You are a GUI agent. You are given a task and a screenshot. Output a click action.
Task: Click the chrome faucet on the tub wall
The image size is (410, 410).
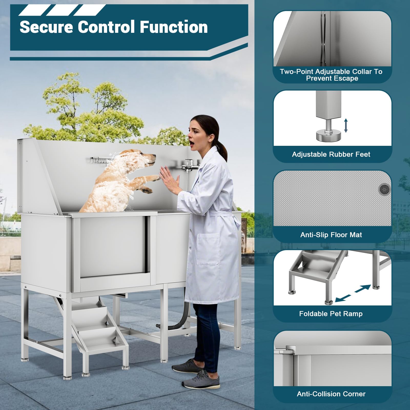click(x=190, y=164)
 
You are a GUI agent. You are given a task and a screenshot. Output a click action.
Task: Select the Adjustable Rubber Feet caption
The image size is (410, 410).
click(x=331, y=154)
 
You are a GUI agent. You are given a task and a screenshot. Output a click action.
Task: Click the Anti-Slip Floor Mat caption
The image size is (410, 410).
click(x=331, y=235)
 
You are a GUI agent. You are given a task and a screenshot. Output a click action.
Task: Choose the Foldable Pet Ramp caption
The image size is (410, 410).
click(x=331, y=314)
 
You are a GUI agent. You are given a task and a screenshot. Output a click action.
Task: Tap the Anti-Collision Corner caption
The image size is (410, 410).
click(x=331, y=394)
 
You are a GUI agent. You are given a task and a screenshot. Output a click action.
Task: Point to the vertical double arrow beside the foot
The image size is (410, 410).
click(x=346, y=125)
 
